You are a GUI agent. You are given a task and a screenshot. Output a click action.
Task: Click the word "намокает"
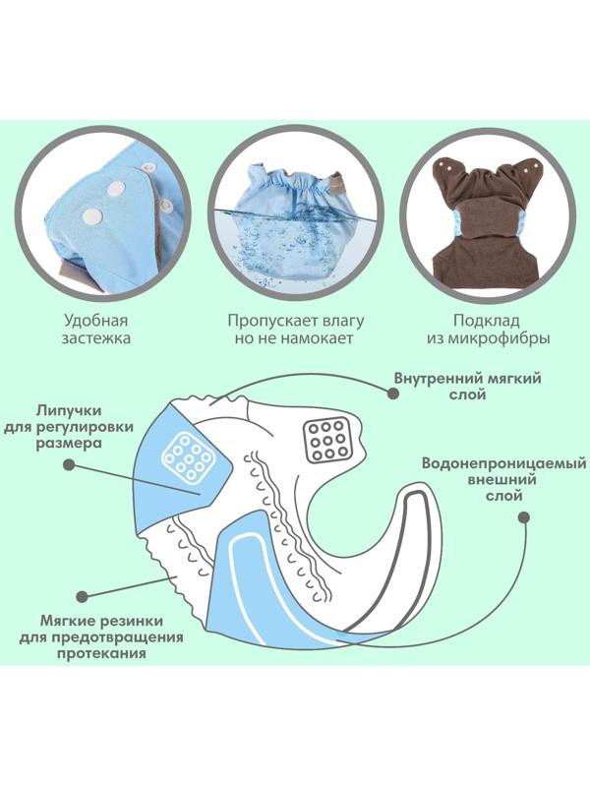coord(323,339)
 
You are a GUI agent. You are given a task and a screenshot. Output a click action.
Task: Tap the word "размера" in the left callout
coord(95,444)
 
